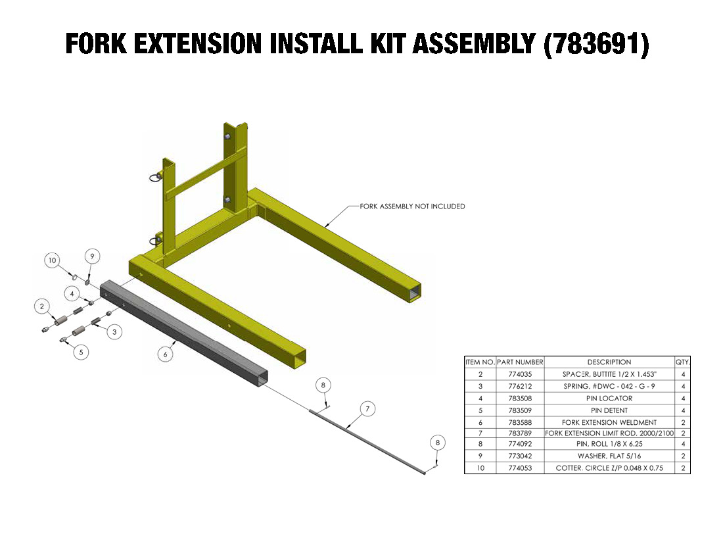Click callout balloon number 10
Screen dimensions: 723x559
53,260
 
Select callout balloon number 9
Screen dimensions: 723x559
92,256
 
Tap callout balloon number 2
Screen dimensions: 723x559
43,306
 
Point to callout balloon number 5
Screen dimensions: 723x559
81,352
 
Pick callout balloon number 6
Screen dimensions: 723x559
165,354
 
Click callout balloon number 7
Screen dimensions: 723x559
367,408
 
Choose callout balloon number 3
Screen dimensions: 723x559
114,331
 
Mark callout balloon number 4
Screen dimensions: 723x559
72,293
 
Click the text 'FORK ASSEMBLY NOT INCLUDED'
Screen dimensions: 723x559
412,207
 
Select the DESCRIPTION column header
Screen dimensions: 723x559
609,362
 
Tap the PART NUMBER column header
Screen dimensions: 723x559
520,362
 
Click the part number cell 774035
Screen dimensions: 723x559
520,374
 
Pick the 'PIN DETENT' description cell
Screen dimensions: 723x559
609,410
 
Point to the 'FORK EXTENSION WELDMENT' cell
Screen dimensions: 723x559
609,422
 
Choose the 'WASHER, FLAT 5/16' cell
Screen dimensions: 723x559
609,456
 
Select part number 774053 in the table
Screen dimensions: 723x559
520,468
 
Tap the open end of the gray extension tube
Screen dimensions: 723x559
262,377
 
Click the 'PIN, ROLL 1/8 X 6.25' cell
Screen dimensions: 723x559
609,444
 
